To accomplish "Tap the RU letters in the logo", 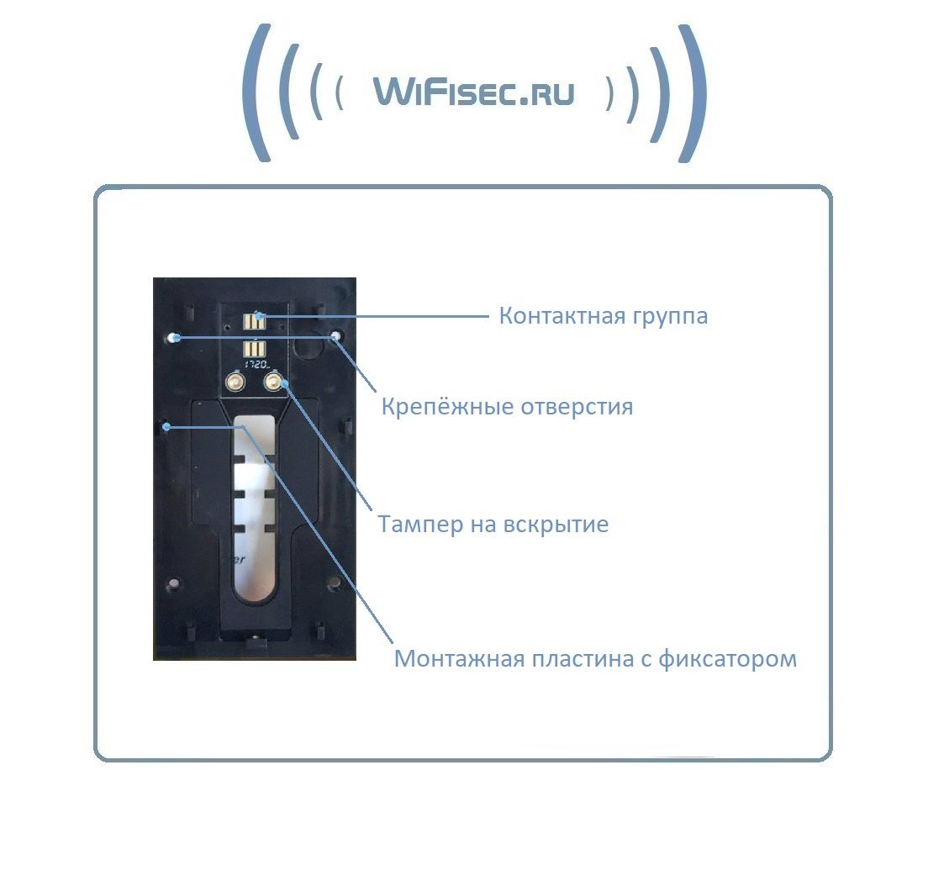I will [x=547, y=92].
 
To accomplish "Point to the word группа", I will [x=669, y=318].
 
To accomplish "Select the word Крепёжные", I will [x=446, y=408].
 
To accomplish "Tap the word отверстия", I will [x=576, y=408].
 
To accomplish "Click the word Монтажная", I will [x=461, y=658].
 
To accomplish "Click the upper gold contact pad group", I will [x=254, y=320].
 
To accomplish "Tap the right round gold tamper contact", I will [x=274, y=383].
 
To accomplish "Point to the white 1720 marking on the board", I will [x=256, y=366].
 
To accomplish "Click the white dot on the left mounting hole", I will [x=171, y=338].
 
